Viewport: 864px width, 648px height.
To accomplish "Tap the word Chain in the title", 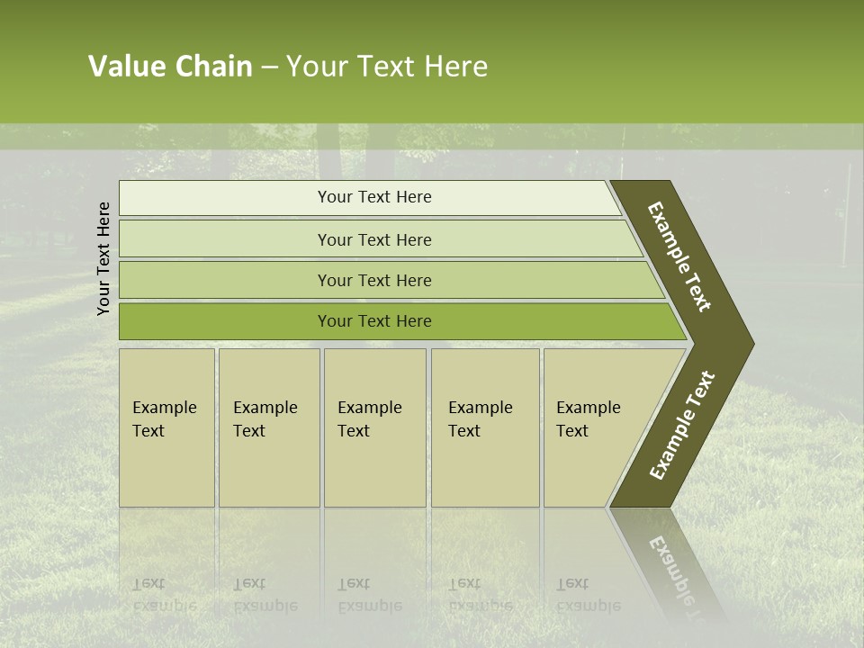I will click(213, 67).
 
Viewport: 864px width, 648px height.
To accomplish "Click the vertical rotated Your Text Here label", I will click(103, 258).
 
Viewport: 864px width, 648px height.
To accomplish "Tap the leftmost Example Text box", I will click(166, 427).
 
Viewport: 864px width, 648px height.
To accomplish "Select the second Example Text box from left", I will click(269, 427).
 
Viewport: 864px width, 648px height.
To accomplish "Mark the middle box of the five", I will click(374, 427).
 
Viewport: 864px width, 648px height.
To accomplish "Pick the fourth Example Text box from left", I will click(485, 427).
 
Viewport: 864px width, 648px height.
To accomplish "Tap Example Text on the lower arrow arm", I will click(682, 425).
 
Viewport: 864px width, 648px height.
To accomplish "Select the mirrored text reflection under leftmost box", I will click(164, 594).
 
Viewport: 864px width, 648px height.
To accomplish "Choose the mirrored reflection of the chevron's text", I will click(675, 567).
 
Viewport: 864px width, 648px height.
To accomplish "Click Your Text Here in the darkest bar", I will click(374, 321).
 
